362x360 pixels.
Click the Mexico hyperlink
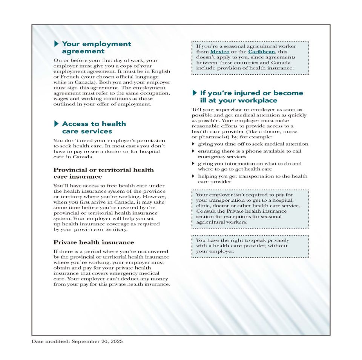[x=220, y=52]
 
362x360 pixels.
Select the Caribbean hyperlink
[x=261, y=52]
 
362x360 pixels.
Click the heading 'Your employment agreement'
[x=96, y=47]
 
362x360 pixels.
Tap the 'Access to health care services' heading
[x=94, y=127]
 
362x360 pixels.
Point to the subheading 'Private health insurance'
[x=94, y=242]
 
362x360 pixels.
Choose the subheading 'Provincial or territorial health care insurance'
[x=103, y=173]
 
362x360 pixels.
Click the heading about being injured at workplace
[x=251, y=97]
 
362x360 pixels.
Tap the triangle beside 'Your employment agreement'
[x=57, y=44]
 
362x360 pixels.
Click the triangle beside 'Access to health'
[x=57, y=124]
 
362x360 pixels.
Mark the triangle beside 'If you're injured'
[x=195, y=93]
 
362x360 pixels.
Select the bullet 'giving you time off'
[x=253, y=144]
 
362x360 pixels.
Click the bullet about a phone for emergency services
[x=249, y=154]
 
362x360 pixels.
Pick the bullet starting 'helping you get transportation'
[x=252, y=179]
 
